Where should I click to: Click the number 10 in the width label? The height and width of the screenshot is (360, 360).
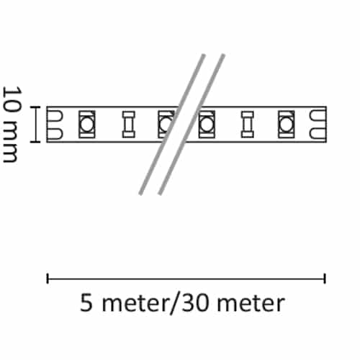point(12,99)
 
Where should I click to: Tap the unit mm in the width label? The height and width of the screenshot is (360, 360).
point(12,142)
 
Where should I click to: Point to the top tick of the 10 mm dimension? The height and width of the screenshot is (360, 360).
point(35,107)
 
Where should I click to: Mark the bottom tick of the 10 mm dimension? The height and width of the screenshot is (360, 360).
point(35,142)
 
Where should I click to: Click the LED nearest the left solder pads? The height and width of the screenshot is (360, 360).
point(87,125)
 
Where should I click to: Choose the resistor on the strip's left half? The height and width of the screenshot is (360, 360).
point(129,125)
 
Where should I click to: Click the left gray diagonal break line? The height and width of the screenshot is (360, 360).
point(172,125)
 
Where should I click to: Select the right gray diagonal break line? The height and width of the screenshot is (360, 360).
point(192,125)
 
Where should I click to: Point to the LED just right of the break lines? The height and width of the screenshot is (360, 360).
point(207,125)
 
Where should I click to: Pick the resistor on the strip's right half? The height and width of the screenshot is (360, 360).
point(248,125)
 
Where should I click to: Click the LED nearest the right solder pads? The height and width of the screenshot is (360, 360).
point(287,125)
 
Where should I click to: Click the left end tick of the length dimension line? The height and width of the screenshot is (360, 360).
point(48,279)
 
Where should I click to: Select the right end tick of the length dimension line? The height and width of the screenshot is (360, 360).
point(325,279)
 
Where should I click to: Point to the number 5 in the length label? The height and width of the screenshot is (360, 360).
point(86,303)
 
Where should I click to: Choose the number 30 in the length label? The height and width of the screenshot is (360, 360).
point(195,303)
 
